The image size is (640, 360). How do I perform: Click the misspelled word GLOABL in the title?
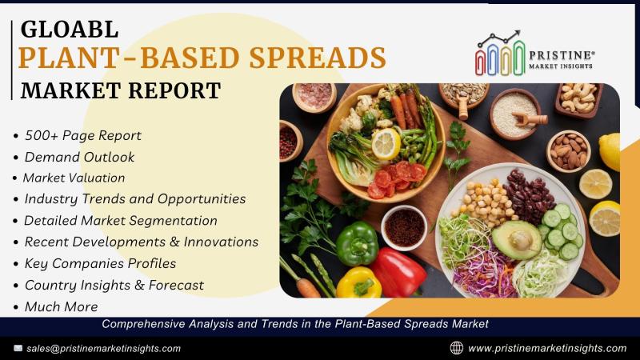[70, 30]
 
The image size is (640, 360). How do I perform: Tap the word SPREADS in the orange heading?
[318, 57]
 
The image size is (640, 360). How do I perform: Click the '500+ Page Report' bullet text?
[83, 135]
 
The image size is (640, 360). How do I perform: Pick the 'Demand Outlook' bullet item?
[79, 157]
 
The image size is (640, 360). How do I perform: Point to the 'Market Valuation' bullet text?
[74, 178]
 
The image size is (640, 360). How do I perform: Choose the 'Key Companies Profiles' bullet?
[101, 263]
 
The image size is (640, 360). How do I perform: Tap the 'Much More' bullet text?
[62, 306]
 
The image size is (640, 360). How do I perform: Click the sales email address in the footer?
[104, 349]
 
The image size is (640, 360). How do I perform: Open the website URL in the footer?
[547, 349]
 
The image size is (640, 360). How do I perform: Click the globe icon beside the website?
[456, 348]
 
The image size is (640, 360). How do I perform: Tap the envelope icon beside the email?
[18, 348]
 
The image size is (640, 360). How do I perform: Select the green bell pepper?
[358, 244]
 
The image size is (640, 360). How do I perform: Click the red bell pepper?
[398, 273]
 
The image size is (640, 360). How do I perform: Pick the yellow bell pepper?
[358, 282]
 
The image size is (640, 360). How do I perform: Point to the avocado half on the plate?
[517, 239]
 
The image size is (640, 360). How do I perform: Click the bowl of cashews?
[578, 99]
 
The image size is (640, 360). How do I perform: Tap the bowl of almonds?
[569, 151]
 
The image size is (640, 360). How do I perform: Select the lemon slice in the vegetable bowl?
[386, 144]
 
